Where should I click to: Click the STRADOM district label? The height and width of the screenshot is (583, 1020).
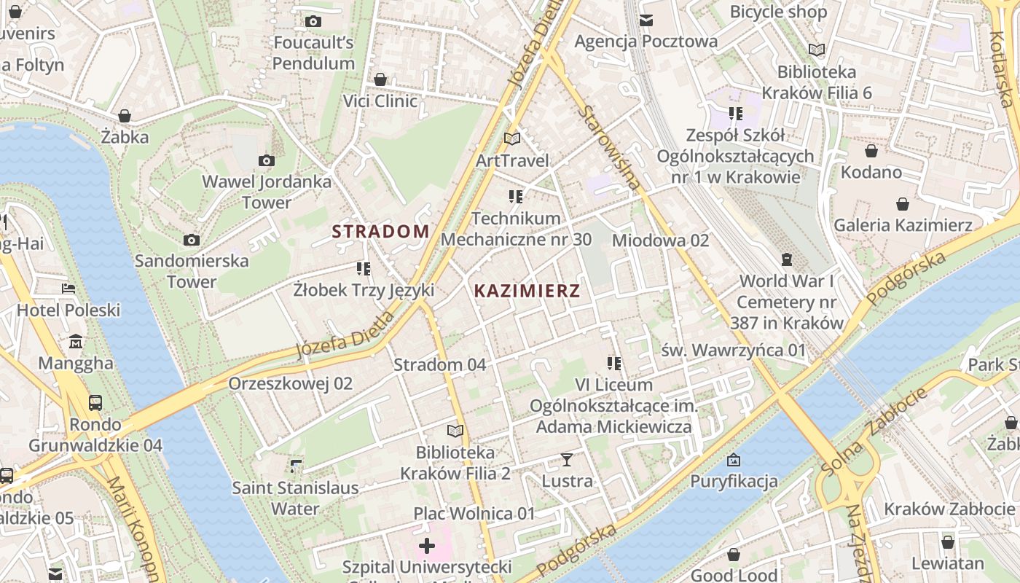point(380,232)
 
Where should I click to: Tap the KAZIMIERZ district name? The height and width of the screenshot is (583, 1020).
point(527,291)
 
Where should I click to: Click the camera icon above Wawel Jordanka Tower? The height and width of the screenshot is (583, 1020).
point(267,160)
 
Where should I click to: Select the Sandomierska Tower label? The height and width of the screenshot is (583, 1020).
point(192,271)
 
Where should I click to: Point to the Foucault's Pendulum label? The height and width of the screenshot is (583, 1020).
point(313,52)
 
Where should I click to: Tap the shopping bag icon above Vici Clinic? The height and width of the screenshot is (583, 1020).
point(380,79)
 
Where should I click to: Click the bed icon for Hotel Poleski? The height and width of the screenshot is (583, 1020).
point(68,289)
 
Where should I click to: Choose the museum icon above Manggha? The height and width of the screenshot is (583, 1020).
point(76,342)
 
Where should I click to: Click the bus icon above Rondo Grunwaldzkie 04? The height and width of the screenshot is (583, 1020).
point(95,402)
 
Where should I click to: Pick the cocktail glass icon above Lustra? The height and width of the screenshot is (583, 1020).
point(567,460)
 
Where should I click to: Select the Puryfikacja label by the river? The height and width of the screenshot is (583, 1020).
point(734,481)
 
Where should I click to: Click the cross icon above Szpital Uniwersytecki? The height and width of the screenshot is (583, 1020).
point(427,546)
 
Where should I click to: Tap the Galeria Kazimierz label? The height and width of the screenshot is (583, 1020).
point(903,225)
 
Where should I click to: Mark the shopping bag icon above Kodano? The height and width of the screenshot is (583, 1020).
point(871,151)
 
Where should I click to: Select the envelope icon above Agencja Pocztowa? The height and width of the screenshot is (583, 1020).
point(646,20)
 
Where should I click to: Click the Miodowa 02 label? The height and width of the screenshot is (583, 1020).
point(660,240)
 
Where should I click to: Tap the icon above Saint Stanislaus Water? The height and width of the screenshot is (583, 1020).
point(295,466)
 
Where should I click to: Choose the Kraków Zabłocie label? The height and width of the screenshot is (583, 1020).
point(950,509)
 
